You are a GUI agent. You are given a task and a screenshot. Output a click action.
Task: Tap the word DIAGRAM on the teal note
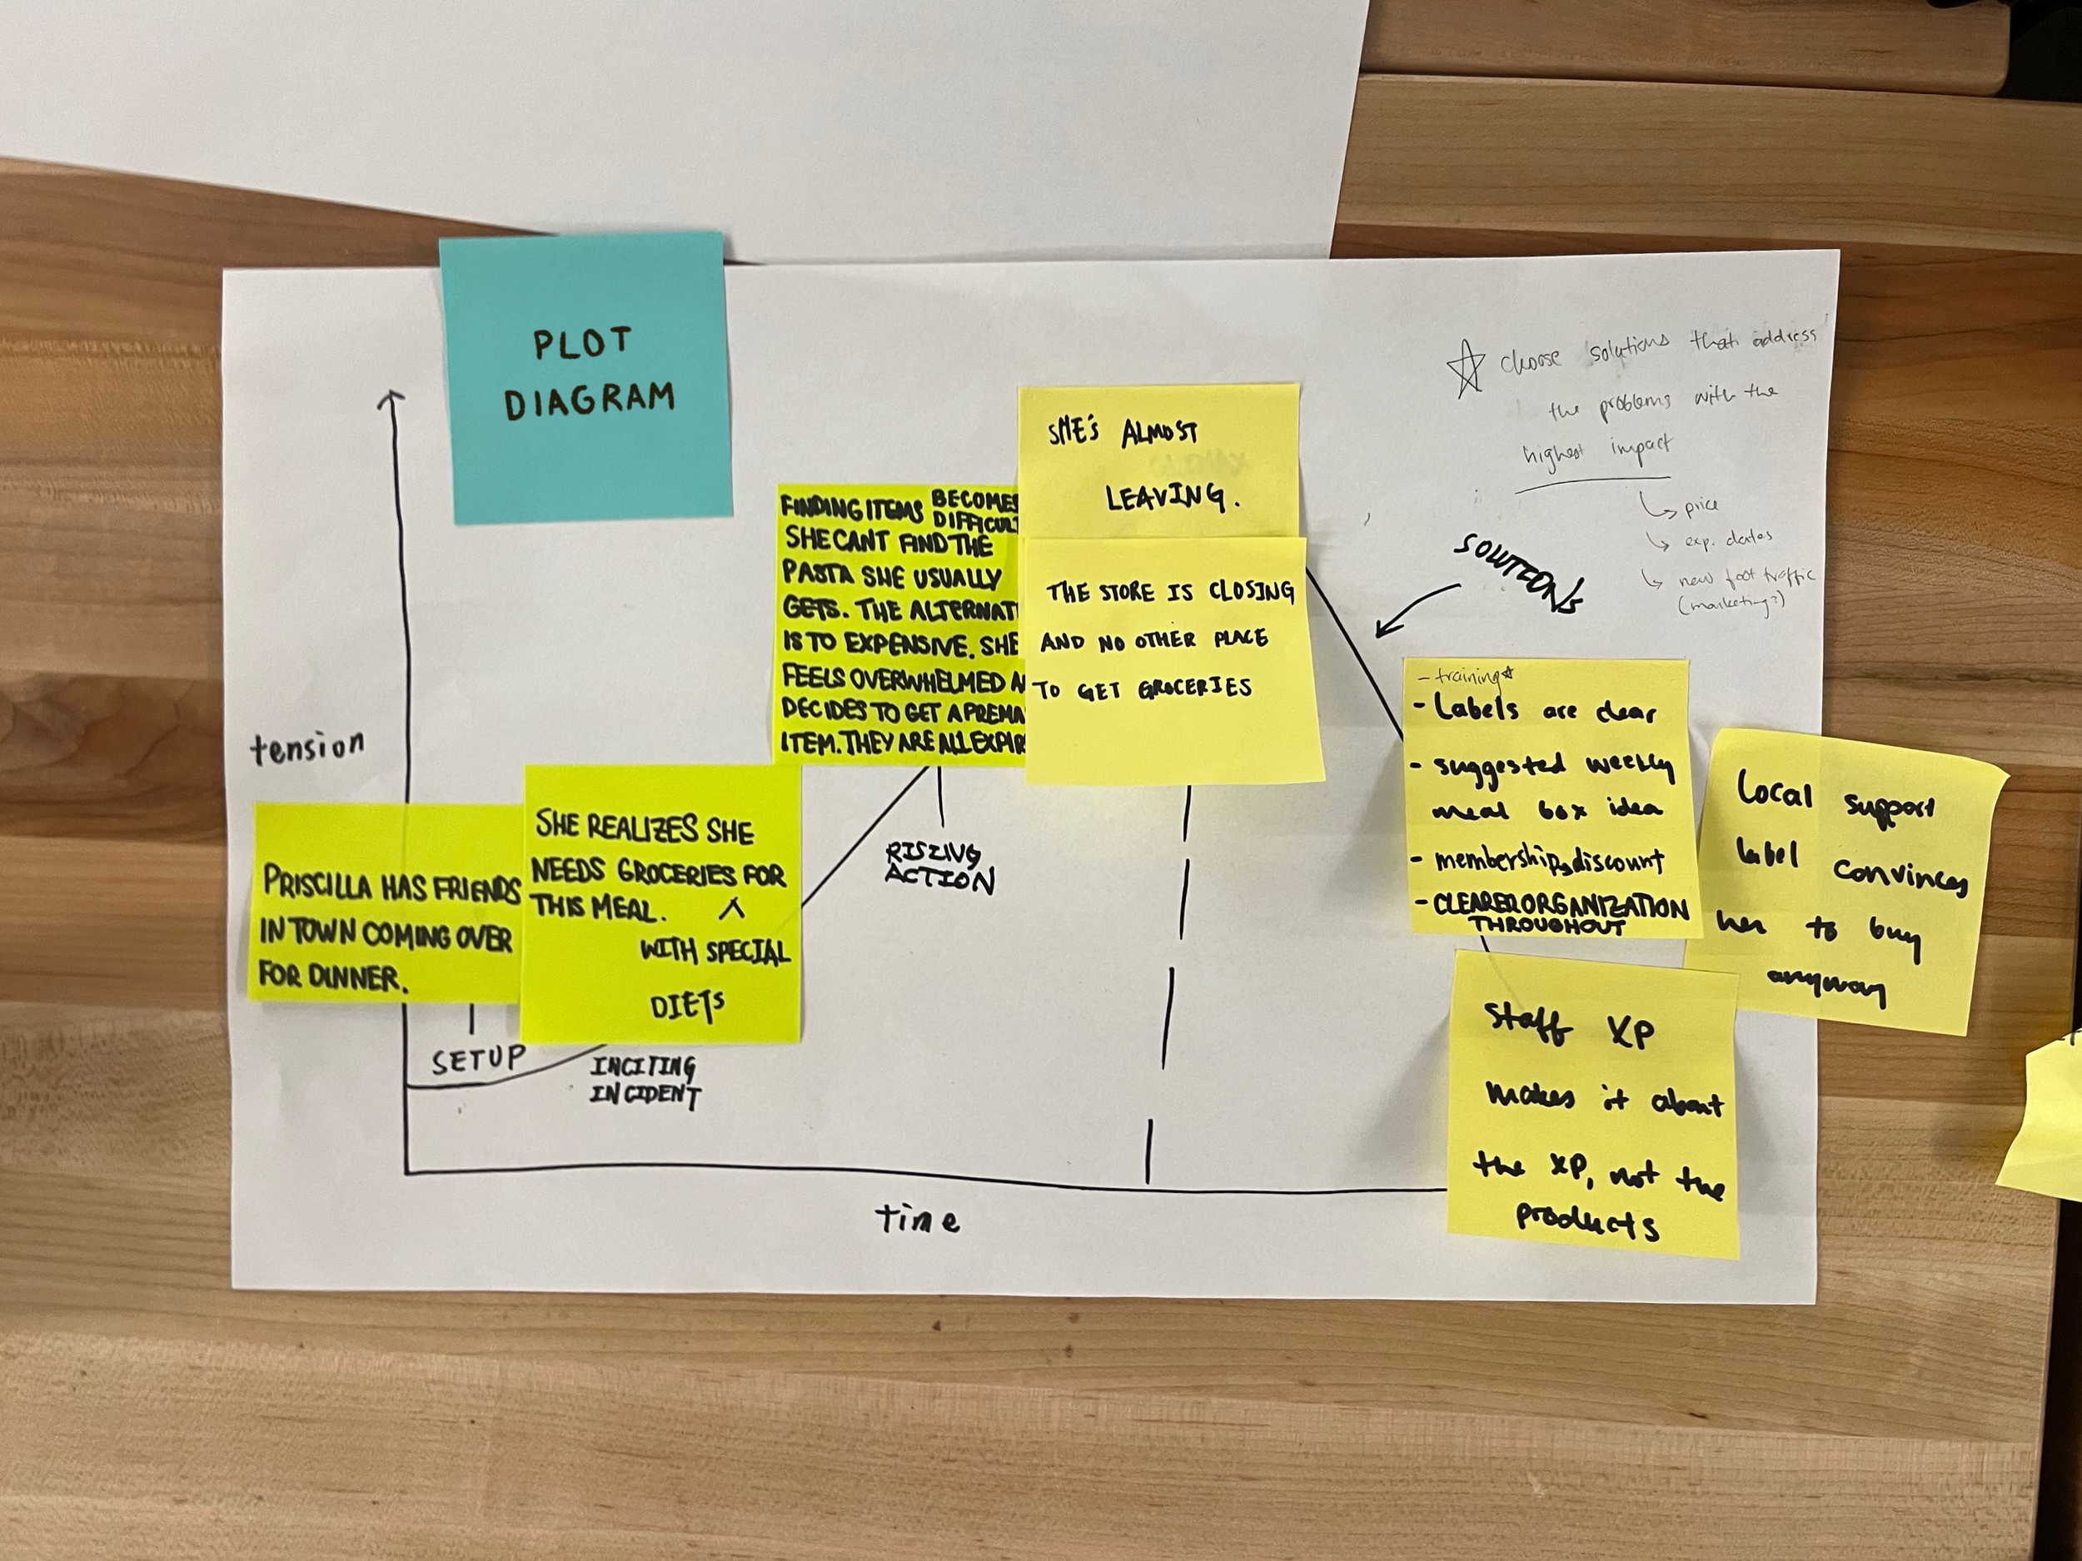coord(590,399)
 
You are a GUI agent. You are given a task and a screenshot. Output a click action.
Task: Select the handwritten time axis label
coord(918,1220)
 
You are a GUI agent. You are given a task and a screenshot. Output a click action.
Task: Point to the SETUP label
coord(478,1061)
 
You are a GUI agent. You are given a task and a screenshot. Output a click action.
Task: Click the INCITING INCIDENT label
coord(645,1081)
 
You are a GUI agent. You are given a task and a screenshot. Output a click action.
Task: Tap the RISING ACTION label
coord(939,867)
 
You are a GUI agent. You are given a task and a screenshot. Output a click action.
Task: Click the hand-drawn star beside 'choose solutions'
coord(1466,367)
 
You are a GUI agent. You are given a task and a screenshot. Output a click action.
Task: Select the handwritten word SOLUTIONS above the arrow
coord(1518,573)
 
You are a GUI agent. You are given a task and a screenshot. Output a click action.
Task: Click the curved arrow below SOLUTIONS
coord(1416,607)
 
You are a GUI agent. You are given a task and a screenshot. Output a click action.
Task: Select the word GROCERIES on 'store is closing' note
coord(1194,688)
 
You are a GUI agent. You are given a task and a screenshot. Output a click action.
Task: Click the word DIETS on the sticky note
coord(687,1006)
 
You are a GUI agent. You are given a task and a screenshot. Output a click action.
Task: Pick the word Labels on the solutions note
coord(1475,708)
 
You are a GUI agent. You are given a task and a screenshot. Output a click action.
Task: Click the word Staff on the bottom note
coord(1527,1024)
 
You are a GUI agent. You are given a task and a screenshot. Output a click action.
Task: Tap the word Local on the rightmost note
coord(1773,790)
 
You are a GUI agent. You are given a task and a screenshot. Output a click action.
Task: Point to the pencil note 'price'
coord(1701,506)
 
